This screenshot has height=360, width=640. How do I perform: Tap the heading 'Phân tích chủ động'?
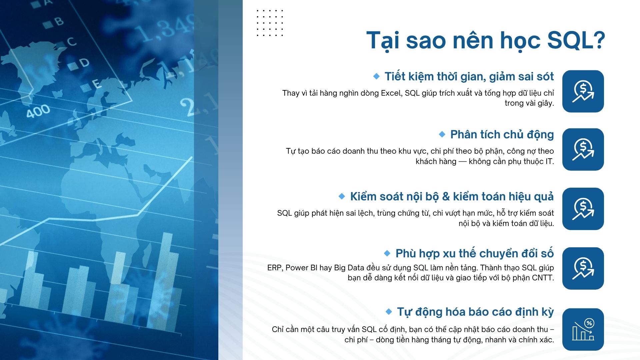[x=502, y=134]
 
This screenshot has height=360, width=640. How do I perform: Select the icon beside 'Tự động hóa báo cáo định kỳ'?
[x=583, y=329]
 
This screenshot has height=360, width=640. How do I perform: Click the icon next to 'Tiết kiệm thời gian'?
[x=583, y=91]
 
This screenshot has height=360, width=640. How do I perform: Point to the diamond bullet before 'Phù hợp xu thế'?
[x=387, y=253]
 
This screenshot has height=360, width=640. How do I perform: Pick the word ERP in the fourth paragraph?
[x=274, y=268]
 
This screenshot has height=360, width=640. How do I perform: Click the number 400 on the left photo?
[x=38, y=111]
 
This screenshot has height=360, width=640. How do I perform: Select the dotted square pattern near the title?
[x=270, y=23]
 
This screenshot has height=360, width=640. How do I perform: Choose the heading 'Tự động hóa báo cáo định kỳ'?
[x=475, y=312]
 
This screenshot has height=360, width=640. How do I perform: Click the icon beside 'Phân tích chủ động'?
[x=583, y=149]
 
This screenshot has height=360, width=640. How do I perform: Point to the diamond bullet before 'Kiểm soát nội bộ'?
[x=342, y=196]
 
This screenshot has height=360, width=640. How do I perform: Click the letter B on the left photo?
[x=59, y=21]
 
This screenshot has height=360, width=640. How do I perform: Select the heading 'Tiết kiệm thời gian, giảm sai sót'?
[x=469, y=76]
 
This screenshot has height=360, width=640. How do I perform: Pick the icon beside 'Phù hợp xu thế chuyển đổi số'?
[x=583, y=268]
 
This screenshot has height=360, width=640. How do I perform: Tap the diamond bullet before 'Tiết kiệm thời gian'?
[x=376, y=76]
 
